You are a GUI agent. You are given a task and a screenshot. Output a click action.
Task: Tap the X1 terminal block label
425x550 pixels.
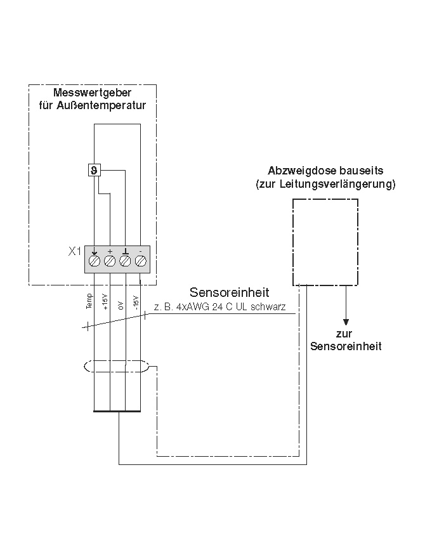[75, 251]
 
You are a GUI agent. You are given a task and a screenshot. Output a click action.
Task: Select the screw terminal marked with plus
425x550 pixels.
[110, 260]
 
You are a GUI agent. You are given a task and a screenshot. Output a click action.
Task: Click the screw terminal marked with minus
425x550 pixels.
[141, 260]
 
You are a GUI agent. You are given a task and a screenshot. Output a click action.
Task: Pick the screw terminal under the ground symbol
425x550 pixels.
[126, 260]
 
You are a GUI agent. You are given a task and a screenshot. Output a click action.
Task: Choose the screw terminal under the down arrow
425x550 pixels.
[94, 260]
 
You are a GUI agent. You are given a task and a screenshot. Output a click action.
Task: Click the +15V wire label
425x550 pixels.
[105, 302]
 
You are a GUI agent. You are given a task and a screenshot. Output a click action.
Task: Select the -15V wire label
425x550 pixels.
[136, 301]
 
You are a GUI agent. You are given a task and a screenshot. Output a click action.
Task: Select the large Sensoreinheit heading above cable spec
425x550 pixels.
[229, 292]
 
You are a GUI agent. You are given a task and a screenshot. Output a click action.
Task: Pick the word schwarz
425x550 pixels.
[273, 307]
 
